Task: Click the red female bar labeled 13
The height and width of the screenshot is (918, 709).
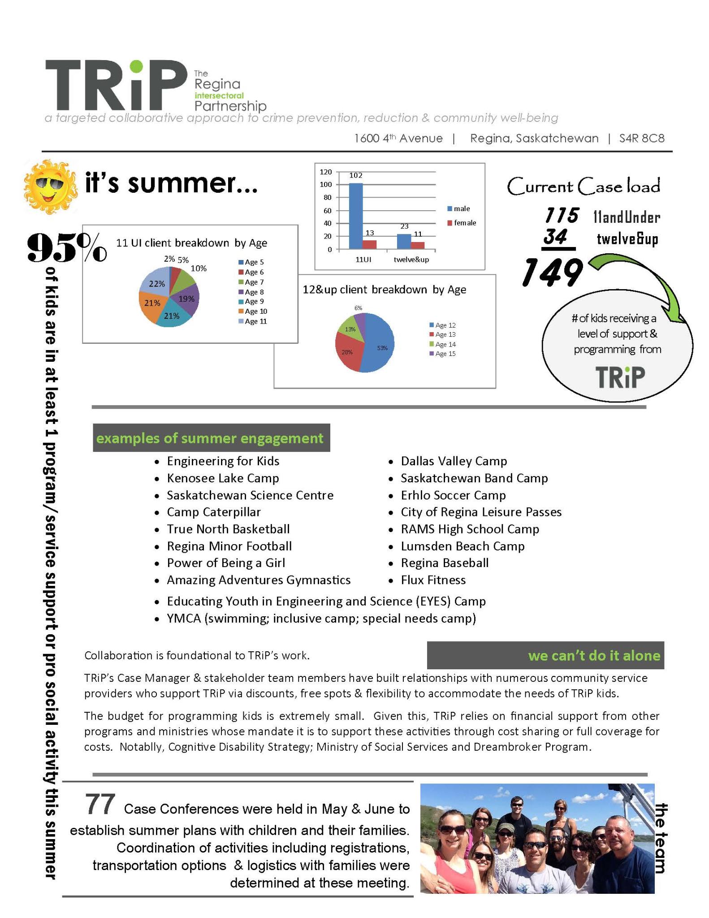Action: pyautogui.click(x=370, y=244)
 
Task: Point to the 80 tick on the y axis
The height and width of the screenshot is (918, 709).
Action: pyautogui.click(x=327, y=197)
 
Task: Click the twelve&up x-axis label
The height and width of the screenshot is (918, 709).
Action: pyautogui.click(x=411, y=260)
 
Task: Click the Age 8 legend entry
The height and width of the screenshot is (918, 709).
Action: pyautogui.click(x=251, y=292)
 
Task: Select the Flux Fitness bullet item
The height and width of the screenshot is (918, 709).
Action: pyautogui.click(x=433, y=580)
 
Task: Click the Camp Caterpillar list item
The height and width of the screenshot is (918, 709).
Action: pyautogui.click(x=213, y=512)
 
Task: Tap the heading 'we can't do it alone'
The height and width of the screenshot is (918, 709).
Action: pyautogui.click(x=593, y=656)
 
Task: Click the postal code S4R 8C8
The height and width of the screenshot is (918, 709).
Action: pyautogui.click(x=641, y=139)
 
